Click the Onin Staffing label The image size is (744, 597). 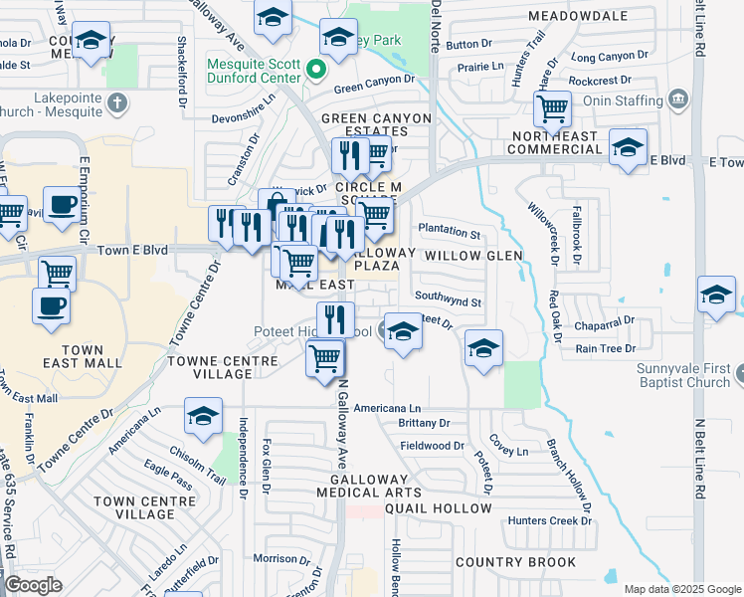click(x=625, y=100)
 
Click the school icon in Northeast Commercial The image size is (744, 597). click(x=628, y=147)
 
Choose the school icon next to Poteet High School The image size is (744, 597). click(x=403, y=329)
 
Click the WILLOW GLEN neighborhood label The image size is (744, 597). click(x=472, y=256)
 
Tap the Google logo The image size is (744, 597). click(x=33, y=584)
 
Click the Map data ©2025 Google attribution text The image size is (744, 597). click(x=682, y=589)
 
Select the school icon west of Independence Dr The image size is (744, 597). click(x=203, y=416)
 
